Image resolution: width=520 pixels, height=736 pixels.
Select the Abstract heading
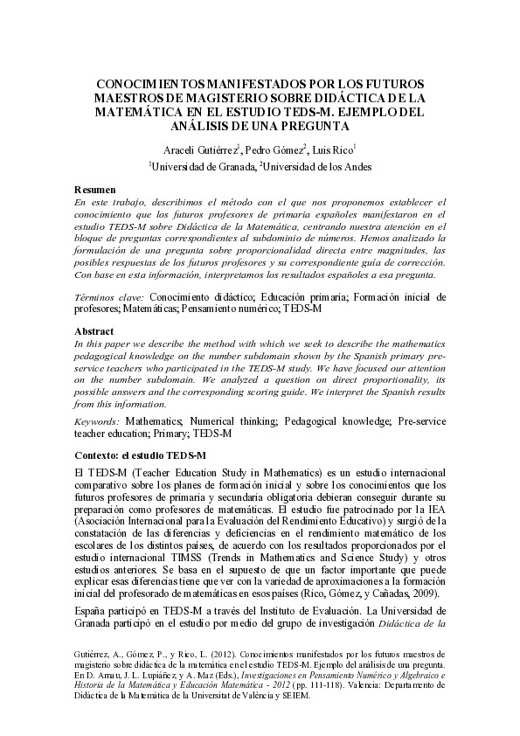pos(94,332)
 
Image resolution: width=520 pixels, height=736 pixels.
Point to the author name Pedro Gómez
pos(274,149)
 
